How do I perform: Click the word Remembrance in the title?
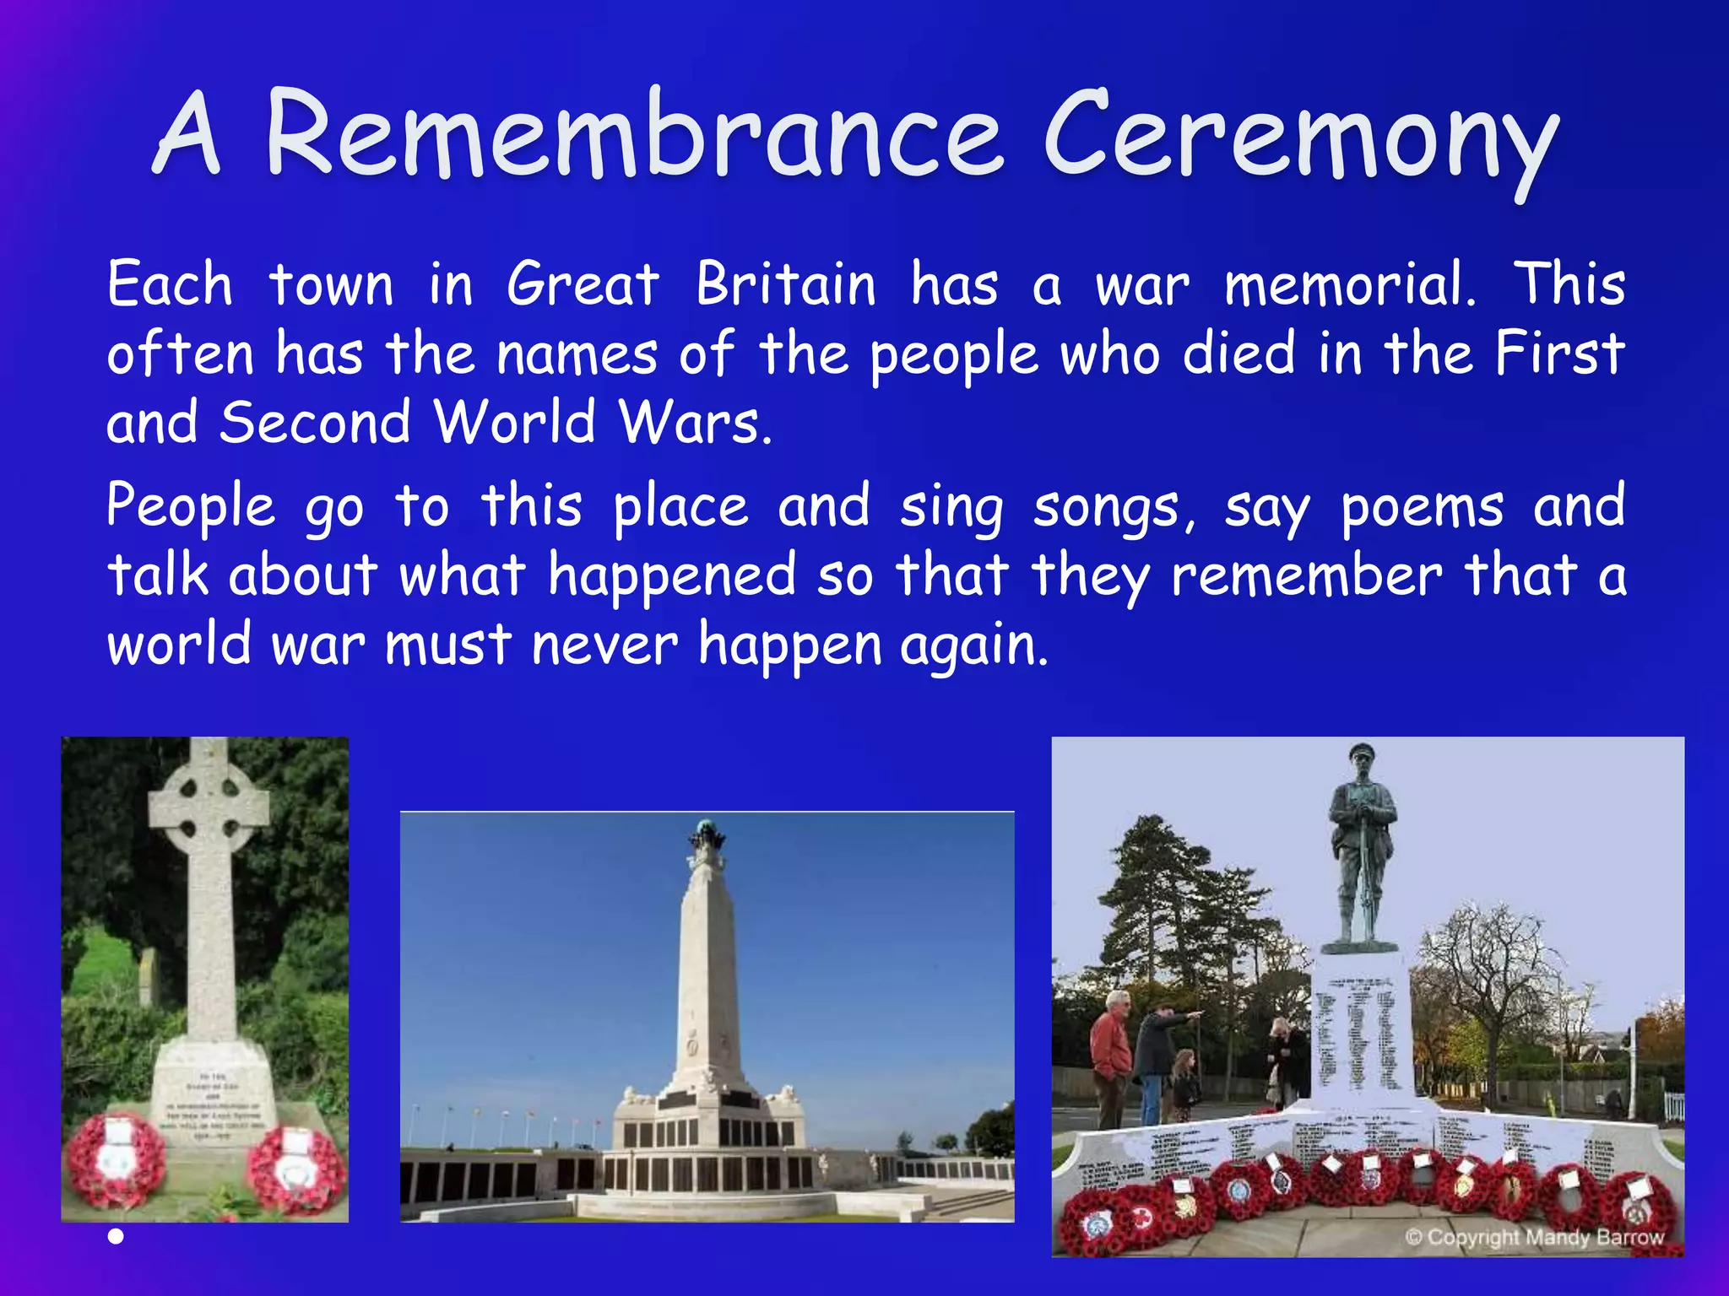click(633, 135)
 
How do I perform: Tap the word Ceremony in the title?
click(1300, 139)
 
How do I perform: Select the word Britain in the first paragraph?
click(786, 284)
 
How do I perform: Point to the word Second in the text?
click(315, 422)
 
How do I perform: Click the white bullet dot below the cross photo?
click(117, 1237)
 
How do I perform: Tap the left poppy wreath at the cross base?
click(117, 1160)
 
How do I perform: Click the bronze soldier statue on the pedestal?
click(1361, 844)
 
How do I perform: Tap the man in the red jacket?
click(1112, 1055)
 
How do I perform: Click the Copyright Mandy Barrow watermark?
click(1534, 1238)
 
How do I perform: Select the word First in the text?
click(1559, 354)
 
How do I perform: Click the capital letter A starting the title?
click(187, 135)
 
